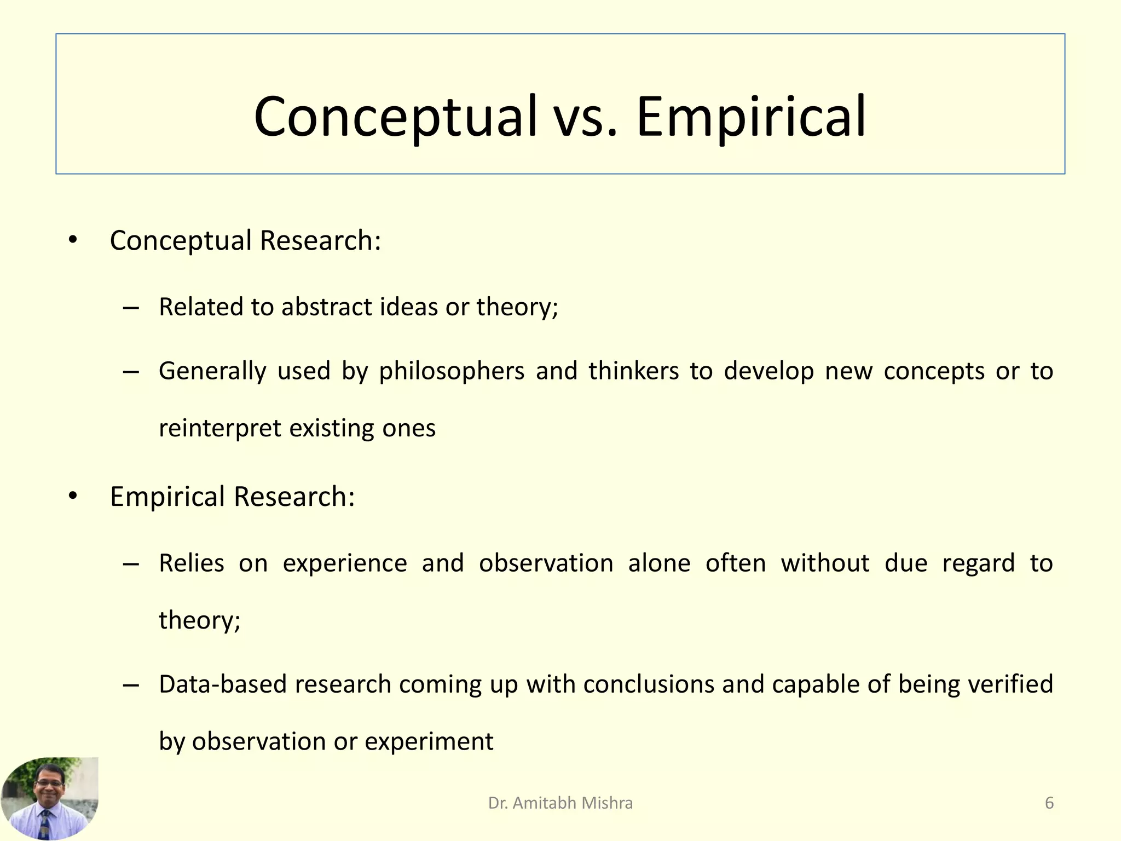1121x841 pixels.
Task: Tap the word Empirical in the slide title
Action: pos(751,117)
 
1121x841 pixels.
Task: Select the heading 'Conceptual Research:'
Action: pos(245,241)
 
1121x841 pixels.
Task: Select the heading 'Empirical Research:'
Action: pos(233,497)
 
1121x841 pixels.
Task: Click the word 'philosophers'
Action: pos(452,372)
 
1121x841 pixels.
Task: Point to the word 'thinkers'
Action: pos(633,371)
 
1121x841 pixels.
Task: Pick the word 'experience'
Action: pos(345,564)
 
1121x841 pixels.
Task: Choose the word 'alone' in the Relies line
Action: pos(659,563)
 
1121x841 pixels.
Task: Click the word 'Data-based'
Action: pos(223,684)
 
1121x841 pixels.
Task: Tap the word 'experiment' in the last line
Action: pos(429,742)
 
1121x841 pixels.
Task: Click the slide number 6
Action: pos(1049,803)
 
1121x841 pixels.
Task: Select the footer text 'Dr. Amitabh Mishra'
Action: pos(560,803)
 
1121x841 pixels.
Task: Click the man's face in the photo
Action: pos(49,785)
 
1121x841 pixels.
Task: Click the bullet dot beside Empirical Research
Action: pos(73,496)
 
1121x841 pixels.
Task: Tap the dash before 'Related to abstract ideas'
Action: pos(131,308)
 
